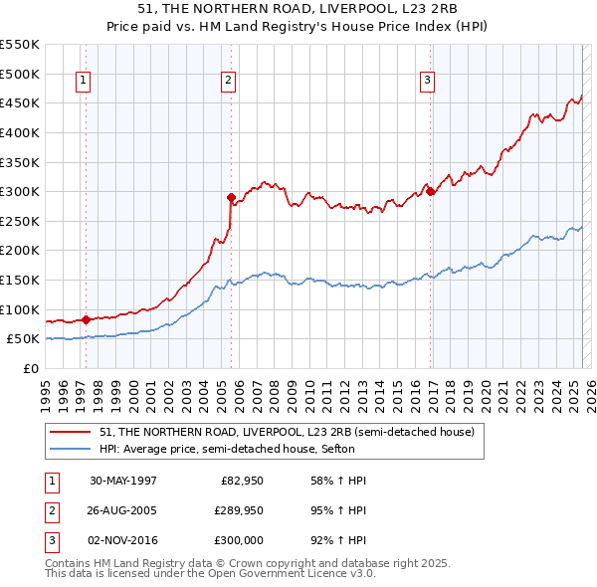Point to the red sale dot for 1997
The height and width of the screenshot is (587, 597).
(87, 319)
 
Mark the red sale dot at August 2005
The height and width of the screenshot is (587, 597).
(231, 197)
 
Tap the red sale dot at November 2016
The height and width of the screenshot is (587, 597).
(430, 192)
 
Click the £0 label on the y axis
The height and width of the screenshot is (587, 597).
(30, 368)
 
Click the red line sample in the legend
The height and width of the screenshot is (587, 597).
(72, 432)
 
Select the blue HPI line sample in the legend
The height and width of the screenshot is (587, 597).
(72, 449)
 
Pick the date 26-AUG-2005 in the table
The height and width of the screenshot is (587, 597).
(123, 510)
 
